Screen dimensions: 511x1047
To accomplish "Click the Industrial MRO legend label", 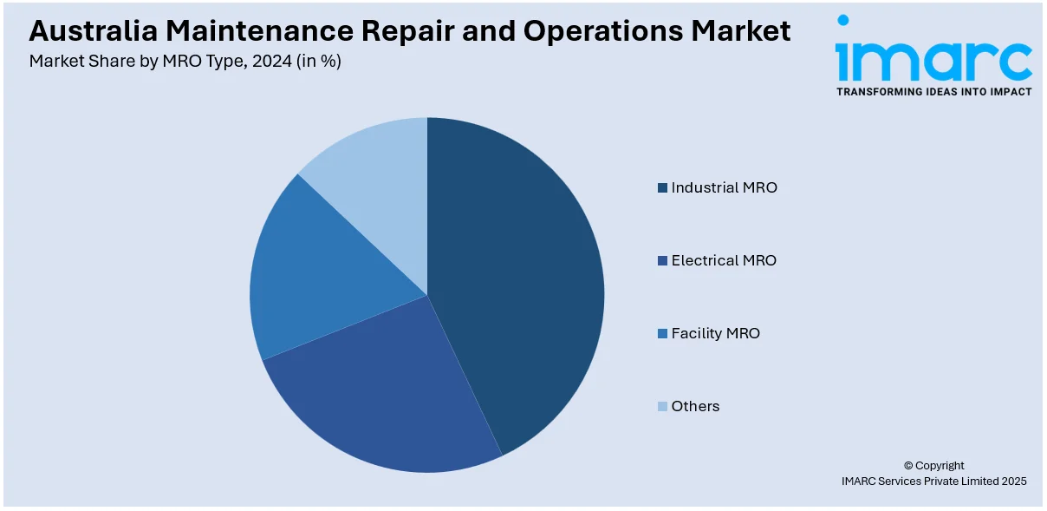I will [x=724, y=187].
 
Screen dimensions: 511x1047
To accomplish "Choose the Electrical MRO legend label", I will [x=724, y=260].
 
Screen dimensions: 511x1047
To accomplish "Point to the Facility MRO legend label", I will [x=715, y=333].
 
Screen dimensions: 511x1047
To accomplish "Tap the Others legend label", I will [x=695, y=406].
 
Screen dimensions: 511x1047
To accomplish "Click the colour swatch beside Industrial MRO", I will [x=663, y=188].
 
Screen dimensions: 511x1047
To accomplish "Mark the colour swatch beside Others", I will [x=663, y=407].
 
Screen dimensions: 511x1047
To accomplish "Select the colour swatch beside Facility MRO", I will [x=663, y=334].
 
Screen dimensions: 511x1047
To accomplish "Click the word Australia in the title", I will [x=94, y=32].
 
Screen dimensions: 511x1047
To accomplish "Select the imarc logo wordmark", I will [x=933, y=60].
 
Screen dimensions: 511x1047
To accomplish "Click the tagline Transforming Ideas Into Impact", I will [x=933, y=92].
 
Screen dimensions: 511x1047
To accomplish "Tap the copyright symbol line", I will [x=933, y=465].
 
